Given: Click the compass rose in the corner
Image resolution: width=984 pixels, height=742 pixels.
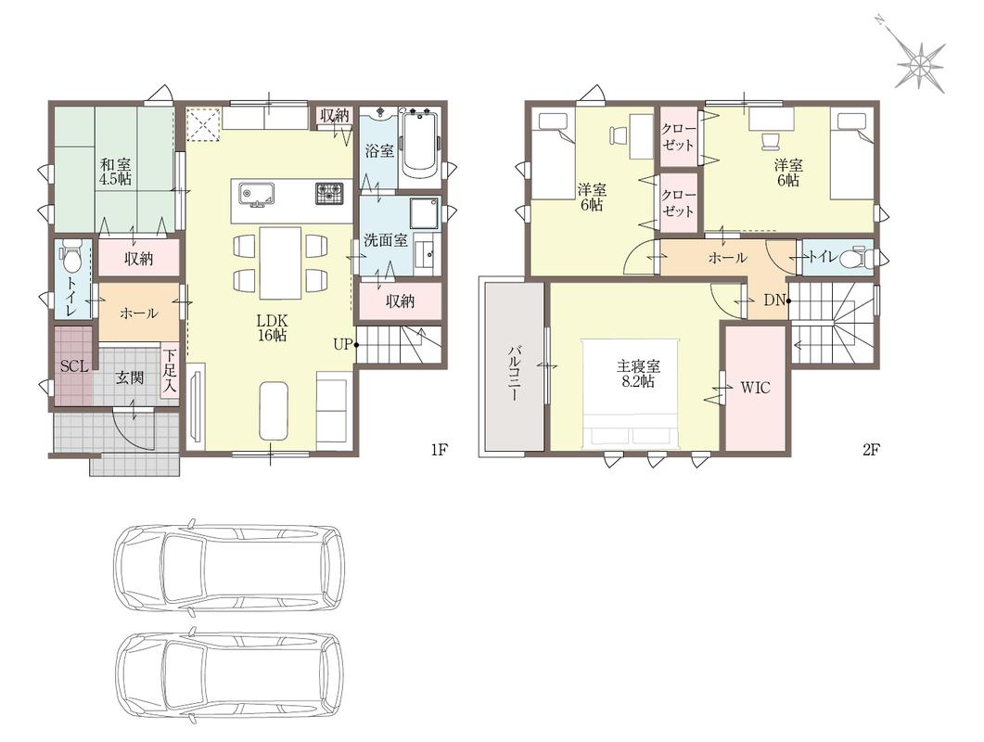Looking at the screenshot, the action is pyautogui.click(x=919, y=65).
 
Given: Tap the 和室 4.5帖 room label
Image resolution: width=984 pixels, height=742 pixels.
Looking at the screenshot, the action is pyautogui.click(x=116, y=172).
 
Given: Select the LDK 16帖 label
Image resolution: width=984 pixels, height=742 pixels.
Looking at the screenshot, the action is pyautogui.click(x=272, y=327).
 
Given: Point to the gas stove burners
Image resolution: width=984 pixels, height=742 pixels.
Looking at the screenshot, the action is pyautogui.click(x=329, y=193).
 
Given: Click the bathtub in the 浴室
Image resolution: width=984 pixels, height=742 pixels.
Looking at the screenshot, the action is pyautogui.click(x=420, y=145).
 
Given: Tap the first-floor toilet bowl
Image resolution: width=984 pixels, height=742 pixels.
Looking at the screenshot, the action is pyautogui.click(x=70, y=257).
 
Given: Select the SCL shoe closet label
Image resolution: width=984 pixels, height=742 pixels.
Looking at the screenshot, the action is pyautogui.click(x=74, y=366).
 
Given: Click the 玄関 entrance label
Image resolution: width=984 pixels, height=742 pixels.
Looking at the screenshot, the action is pyautogui.click(x=129, y=377).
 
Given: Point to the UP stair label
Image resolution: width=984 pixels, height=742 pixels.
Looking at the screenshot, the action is pyautogui.click(x=342, y=344).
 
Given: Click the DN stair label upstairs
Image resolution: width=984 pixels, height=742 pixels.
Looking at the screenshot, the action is pyautogui.click(x=775, y=301).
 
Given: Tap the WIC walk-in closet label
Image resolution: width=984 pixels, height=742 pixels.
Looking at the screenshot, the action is pyautogui.click(x=755, y=388).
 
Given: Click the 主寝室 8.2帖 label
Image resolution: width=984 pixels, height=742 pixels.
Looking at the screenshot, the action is pyautogui.click(x=638, y=374).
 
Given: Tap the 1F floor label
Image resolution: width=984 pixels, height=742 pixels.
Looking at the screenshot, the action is pyautogui.click(x=440, y=450).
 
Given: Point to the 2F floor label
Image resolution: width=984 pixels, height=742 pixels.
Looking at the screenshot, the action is pyautogui.click(x=871, y=450).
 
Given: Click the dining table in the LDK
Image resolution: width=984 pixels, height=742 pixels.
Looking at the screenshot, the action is pyautogui.click(x=280, y=263).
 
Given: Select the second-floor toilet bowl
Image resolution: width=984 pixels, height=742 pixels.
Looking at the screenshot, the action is pyautogui.click(x=853, y=258).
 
